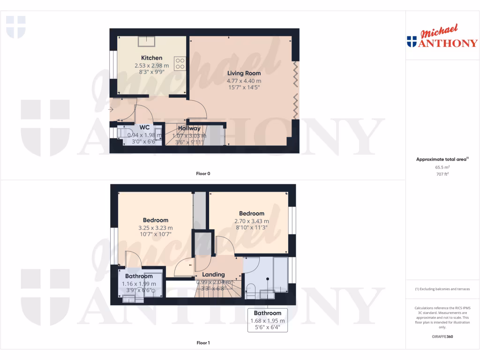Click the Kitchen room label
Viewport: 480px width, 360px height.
click(151, 58)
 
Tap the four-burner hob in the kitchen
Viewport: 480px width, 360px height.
click(180, 63)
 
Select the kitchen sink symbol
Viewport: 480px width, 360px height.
click(148, 42)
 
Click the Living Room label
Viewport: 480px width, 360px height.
click(244, 73)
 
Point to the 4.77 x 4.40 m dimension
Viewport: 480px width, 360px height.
click(244, 81)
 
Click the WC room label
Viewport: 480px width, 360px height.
click(144, 127)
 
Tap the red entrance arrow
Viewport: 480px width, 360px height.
click(110, 110)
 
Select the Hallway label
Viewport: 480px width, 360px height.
click(189, 128)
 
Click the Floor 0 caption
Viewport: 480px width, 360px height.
click(203, 173)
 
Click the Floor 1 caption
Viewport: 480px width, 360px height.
click(203, 343)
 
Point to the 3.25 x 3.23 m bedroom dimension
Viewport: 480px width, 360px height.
click(156, 228)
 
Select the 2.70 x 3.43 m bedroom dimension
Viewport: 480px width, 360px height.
click(252, 221)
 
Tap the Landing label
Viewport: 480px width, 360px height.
click(213, 275)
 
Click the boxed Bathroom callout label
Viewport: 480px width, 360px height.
click(267, 313)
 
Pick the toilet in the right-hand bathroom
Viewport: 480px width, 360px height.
click(250, 290)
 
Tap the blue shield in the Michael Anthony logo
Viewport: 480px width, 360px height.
click(412, 42)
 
